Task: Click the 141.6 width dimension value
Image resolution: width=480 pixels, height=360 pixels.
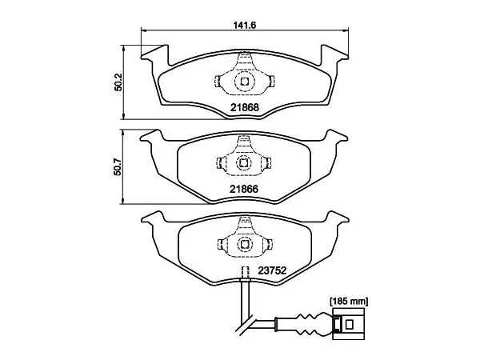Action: [x=245, y=25]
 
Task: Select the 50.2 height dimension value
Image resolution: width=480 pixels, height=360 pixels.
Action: [x=118, y=82]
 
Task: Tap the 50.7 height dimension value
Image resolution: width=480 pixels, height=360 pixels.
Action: [x=118, y=166]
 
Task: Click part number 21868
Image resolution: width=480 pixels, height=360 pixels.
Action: [x=245, y=107]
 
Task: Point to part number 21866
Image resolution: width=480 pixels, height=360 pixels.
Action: [x=244, y=189]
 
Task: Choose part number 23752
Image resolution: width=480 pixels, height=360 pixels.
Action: [x=272, y=270]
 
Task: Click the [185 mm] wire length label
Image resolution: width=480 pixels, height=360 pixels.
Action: [x=349, y=302]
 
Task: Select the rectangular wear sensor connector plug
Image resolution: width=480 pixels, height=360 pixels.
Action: [x=349, y=324]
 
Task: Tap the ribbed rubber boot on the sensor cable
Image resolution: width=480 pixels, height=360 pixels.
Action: [x=309, y=324]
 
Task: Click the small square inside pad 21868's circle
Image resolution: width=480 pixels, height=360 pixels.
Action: [x=244, y=82]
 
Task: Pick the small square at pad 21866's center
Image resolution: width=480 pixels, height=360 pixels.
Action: [x=244, y=163]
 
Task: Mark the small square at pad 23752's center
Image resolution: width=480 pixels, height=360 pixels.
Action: [x=244, y=244]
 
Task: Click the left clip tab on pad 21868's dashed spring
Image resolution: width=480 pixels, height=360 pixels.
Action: [x=217, y=81]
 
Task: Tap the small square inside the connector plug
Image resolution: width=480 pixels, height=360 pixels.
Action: [x=349, y=324]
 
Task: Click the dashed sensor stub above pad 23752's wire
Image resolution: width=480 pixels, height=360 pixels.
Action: [x=245, y=272]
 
